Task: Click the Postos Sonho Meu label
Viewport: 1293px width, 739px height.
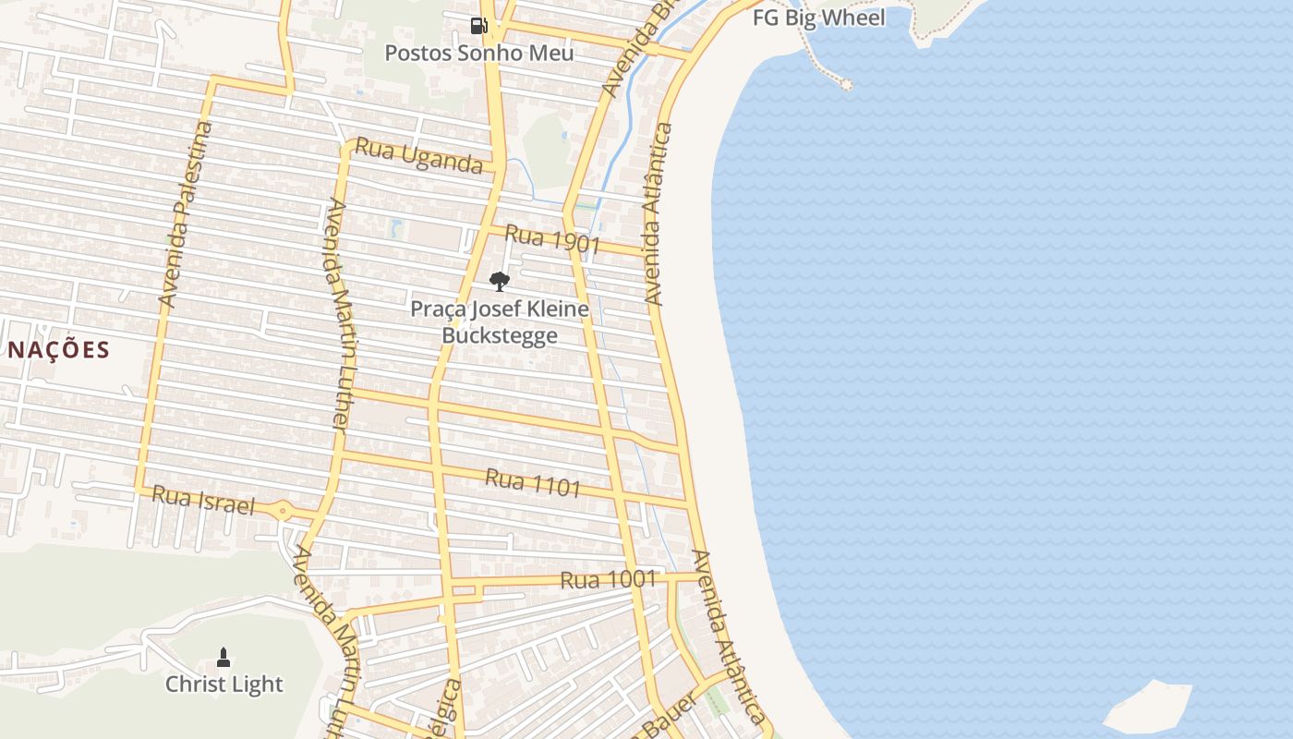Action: tap(478, 53)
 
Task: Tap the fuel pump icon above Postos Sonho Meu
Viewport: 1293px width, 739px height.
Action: tap(478, 26)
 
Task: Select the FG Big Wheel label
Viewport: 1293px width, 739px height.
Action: tap(818, 18)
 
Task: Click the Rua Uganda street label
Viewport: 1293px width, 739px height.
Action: tap(418, 155)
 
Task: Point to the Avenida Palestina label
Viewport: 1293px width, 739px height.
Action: tap(186, 214)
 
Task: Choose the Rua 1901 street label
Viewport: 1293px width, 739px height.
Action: tap(552, 240)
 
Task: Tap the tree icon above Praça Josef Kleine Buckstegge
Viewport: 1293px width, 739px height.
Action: tap(500, 282)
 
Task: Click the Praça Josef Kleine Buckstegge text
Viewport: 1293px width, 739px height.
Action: tap(500, 321)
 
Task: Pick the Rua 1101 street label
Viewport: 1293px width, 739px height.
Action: tap(533, 482)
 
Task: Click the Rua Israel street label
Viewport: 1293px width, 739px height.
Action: tap(202, 501)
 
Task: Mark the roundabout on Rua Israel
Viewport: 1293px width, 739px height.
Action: tap(282, 509)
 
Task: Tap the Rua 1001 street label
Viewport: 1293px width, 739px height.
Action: tap(608, 580)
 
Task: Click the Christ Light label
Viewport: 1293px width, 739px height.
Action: tap(224, 684)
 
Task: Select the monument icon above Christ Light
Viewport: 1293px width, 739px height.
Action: tap(223, 658)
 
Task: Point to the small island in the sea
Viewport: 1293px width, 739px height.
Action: tap(1148, 706)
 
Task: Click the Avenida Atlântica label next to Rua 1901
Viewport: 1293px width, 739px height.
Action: tap(655, 214)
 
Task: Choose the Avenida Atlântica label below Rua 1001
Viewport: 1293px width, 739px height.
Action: tap(730, 637)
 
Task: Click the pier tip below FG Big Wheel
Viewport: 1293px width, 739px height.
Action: tap(845, 84)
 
